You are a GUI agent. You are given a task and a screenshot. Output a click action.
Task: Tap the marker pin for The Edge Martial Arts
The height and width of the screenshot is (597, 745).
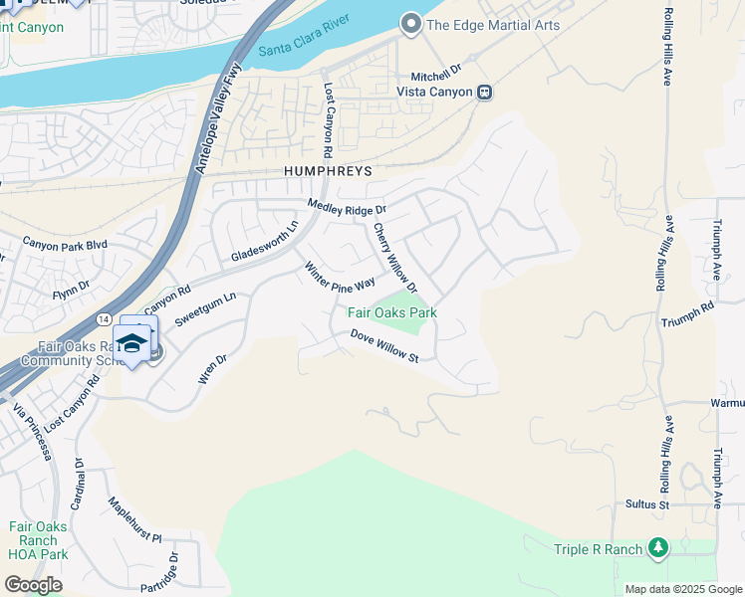pos(409,24)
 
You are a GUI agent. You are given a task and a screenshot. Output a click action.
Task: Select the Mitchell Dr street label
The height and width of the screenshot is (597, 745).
pos(438,74)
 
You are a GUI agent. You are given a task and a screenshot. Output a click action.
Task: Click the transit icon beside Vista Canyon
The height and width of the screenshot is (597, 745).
pos(484,92)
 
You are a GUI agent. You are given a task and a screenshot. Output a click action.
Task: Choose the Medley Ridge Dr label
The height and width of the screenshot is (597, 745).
pos(346,208)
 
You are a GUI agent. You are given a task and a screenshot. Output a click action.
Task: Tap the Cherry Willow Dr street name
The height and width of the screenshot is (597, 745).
pos(395,257)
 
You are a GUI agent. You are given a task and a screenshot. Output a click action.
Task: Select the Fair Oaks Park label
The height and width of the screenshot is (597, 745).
pos(392,312)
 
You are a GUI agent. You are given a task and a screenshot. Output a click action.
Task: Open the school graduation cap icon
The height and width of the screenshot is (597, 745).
pos(131,344)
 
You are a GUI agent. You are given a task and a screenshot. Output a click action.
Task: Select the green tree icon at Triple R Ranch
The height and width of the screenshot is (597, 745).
pos(657,547)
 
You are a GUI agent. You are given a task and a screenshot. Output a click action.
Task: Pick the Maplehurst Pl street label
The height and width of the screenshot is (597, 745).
pos(134,521)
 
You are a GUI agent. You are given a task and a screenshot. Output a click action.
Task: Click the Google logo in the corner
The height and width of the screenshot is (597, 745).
pos(33,584)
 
